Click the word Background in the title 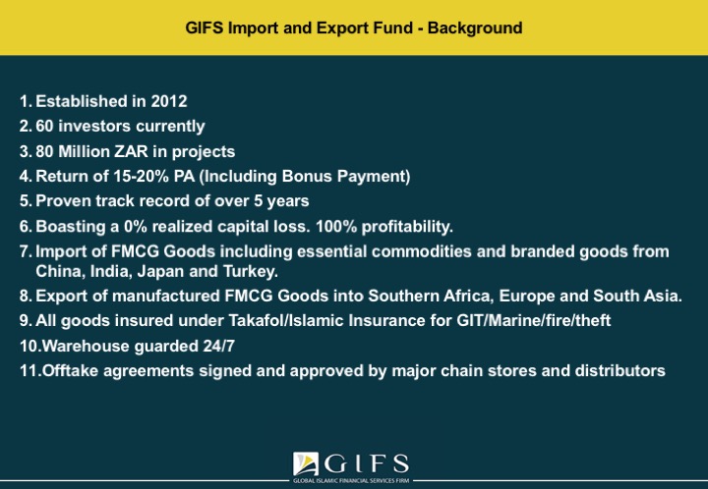pyautogui.click(x=475, y=27)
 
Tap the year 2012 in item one pyautogui.click(x=169, y=101)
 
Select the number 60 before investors pyautogui.click(x=44, y=127)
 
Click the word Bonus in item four pyautogui.click(x=307, y=176)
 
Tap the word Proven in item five pyautogui.click(x=63, y=201)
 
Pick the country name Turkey pyautogui.click(x=251, y=271)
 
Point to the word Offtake pyautogui.click(x=70, y=371)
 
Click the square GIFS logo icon pyautogui.click(x=306, y=464)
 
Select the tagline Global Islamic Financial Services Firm pyautogui.click(x=351, y=481)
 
